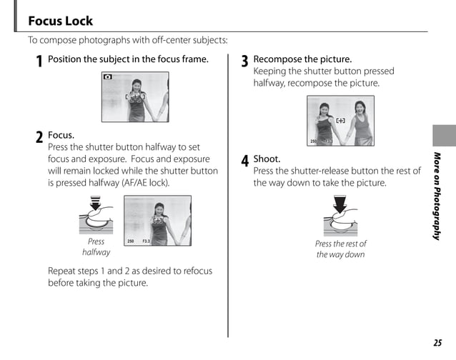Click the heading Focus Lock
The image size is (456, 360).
pos(60,21)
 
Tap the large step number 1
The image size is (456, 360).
pos(39,62)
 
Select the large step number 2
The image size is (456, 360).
pos(39,138)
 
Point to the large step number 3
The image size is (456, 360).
pos(244,62)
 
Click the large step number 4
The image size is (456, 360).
pos(244,162)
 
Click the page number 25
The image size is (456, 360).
pos(437,343)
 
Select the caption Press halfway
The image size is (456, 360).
pos(96,247)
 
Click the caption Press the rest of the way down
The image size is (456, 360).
pos(340,249)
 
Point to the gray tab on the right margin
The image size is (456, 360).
pos(443,135)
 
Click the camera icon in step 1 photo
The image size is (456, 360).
pos(108,76)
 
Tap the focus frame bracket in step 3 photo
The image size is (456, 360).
pos(340,121)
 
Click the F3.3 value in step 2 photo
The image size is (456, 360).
pos(146,241)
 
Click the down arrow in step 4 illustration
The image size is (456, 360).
pos(340,205)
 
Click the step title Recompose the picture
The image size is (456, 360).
pos(302,59)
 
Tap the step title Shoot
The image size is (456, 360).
pos(267,159)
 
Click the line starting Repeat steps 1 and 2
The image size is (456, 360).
pos(129,271)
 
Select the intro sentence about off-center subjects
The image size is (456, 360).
pos(127,40)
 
